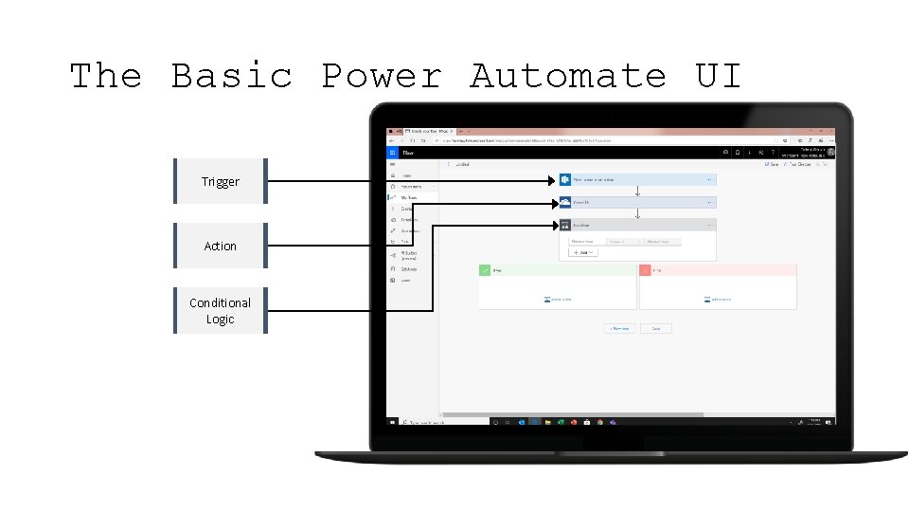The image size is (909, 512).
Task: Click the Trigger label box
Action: click(221, 181)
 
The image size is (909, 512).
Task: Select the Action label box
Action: click(221, 246)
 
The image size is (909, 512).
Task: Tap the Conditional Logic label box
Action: click(221, 311)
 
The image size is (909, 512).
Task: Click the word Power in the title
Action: click(382, 76)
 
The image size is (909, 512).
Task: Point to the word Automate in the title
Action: click(568, 76)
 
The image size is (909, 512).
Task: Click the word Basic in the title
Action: click(232, 76)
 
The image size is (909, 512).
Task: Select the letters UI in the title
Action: click(719, 76)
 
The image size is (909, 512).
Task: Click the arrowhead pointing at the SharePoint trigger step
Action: click(553, 180)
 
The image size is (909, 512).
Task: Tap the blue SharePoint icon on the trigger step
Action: click(564, 179)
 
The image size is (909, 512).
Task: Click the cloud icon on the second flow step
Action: click(564, 202)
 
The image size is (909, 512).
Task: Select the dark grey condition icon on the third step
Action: click(564, 225)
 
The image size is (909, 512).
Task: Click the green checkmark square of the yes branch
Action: click(485, 270)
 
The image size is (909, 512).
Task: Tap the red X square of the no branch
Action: click(646, 270)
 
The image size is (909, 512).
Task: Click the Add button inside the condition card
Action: click(583, 252)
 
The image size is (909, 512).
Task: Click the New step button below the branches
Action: click(619, 328)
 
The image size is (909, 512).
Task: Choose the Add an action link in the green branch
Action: click(558, 300)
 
